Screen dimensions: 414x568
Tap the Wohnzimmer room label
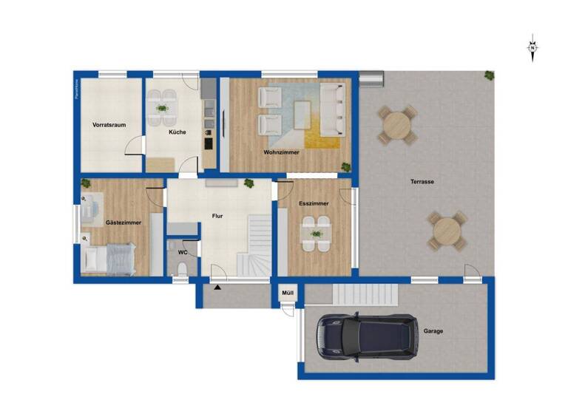tap(281, 152)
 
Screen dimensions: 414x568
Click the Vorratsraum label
tap(109, 125)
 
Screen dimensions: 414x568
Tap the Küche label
tap(177, 132)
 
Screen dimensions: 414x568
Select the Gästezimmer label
tap(124, 222)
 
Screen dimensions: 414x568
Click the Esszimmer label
tap(314, 203)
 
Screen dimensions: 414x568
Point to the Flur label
tap(217, 216)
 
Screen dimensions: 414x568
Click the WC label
tap(183, 252)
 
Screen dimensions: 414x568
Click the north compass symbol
tap(532, 48)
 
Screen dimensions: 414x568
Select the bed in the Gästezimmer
tap(109, 258)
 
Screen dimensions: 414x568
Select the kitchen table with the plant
tap(161, 109)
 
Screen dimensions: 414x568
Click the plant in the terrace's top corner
tap(490, 75)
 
